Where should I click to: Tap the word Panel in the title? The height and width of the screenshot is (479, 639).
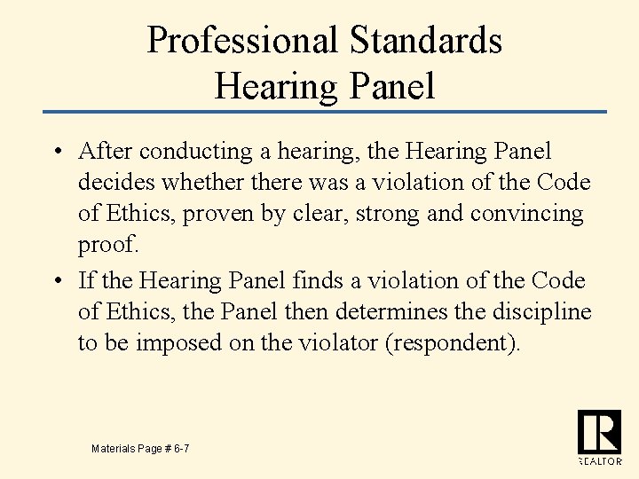(x=391, y=86)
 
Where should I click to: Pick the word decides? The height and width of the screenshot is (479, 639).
(x=111, y=183)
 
